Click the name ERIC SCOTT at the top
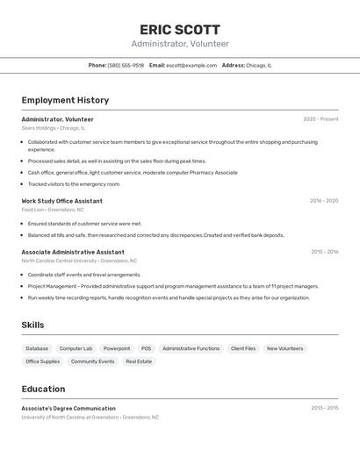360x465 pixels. click(x=180, y=29)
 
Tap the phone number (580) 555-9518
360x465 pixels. click(x=126, y=65)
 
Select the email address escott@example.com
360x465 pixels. click(x=191, y=65)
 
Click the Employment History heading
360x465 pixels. click(x=65, y=100)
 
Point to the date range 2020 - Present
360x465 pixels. click(x=320, y=119)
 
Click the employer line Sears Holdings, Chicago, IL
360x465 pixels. click(x=53, y=128)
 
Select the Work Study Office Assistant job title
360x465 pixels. click(x=61, y=201)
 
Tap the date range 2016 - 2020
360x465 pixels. click(x=323, y=201)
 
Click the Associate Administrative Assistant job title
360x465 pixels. click(x=73, y=252)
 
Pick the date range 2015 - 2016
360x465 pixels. click(x=324, y=252)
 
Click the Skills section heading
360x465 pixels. click(x=32, y=325)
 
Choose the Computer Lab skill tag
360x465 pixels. click(x=76, y=348)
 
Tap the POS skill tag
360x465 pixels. click(x=146, y=348)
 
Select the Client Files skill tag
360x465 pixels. click(x=243, y=348)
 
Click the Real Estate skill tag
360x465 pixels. click(x=139, y=361)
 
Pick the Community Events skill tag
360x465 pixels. click(x=92, y=361)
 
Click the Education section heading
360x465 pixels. click(x=43, y=389)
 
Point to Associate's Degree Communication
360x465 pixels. click(x=68, y=408)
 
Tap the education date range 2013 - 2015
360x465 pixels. click(x=324, y=408)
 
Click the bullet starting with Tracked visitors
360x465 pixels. click(x=74, y=184)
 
